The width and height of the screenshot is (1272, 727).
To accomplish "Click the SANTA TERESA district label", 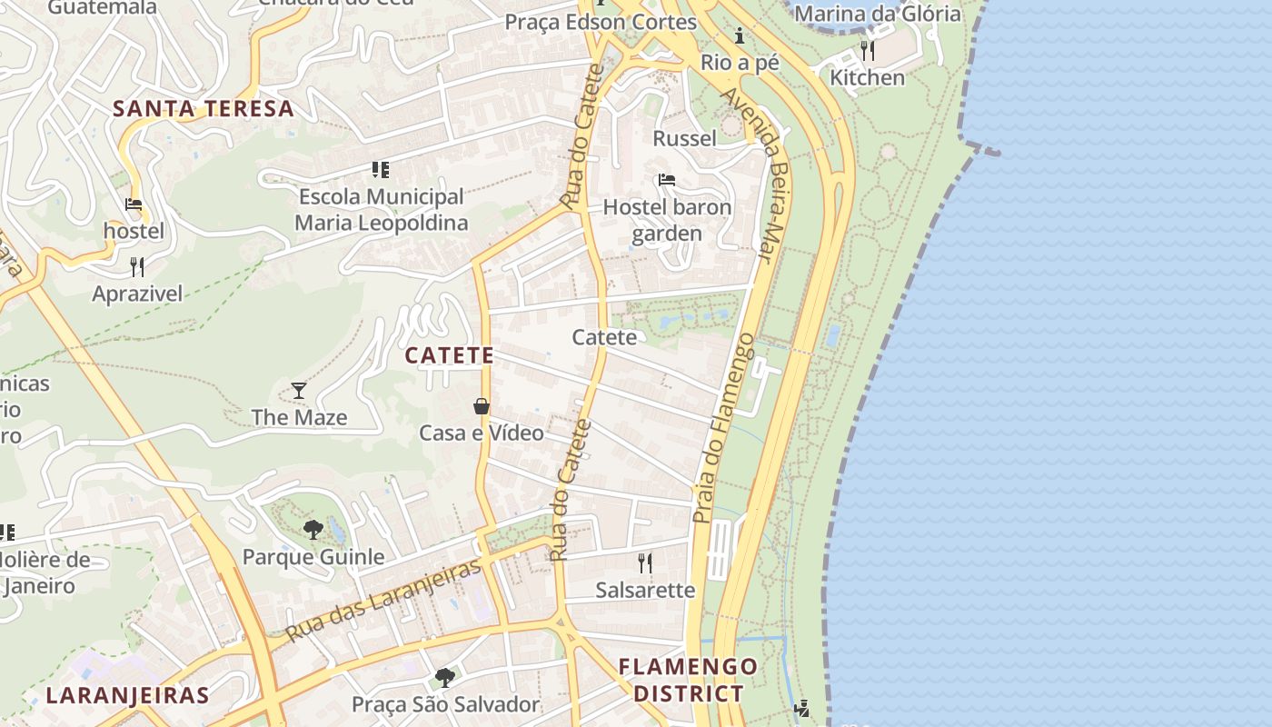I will coord(204,109).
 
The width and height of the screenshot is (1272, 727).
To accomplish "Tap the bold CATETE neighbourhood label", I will coord(450,355).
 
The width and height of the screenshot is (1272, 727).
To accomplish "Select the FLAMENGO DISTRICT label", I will coord(688,680).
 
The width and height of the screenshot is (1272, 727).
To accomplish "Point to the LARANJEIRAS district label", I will coord(128,696).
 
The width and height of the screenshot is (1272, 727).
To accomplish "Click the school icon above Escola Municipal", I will coord(381,170).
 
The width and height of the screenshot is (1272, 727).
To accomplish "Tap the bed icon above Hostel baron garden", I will coord(667,180).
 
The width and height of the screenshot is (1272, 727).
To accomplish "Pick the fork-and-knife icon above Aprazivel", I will coord(137,266).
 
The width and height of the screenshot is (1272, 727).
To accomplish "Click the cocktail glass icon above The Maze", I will coord(299,391).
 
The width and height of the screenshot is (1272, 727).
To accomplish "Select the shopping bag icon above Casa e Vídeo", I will coord(482,406).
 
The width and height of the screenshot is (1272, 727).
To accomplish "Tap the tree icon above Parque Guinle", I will coord(313,529).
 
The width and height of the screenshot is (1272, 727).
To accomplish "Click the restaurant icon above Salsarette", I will coord(645,563).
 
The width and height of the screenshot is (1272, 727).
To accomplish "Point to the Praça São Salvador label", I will coord(445,704).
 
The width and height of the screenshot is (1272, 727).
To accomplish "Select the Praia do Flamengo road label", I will coord(723,428).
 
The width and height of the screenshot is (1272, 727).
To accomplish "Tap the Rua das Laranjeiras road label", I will coord(383,601).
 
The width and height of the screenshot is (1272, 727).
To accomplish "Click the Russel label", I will coord(685,138).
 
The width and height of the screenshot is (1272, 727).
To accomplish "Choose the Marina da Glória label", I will coord(877,14).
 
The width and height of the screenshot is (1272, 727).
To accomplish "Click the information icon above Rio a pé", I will coord(740,36).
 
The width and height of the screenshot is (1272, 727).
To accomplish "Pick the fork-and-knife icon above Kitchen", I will coord(868,50).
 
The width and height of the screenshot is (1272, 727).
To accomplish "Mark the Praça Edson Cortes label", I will coord(588,22).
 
